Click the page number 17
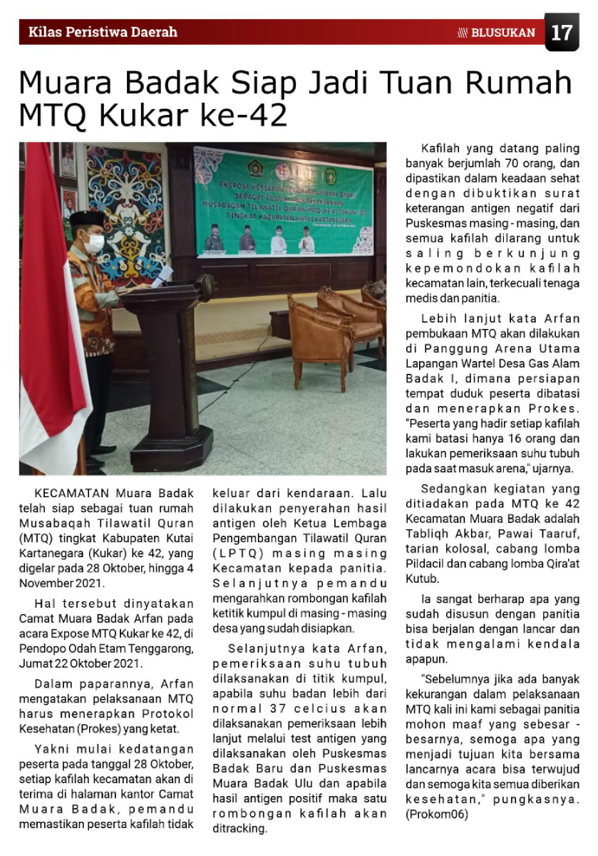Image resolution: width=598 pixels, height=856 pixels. (562, 32)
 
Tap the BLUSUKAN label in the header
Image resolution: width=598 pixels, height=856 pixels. (502, 32)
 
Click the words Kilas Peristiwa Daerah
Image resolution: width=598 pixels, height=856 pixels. (103, 32)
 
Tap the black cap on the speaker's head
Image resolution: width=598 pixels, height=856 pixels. (86, 217)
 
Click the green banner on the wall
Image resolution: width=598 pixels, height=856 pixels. (283, 202)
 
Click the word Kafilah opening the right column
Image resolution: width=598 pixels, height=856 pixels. (441, 149)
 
